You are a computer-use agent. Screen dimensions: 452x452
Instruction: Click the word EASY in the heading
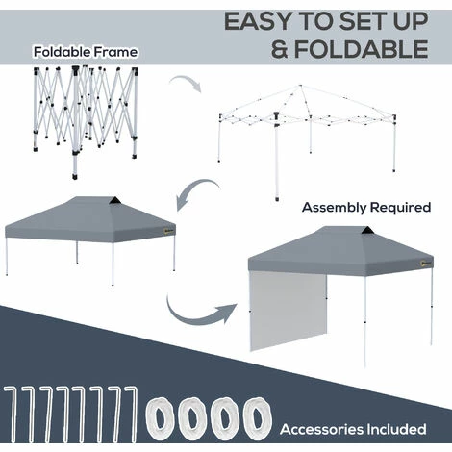coord(259,21)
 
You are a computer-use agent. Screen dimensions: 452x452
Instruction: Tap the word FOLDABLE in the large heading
coord(362,49)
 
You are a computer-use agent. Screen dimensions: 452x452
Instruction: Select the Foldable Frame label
coord(86,52)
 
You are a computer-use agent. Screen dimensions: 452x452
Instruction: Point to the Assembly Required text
coord(366,208)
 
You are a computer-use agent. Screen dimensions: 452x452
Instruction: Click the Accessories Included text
coord(353,429)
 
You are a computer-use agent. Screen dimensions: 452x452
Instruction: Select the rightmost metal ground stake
coord(133,414)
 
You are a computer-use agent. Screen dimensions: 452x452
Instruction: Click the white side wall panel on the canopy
coord(289,311)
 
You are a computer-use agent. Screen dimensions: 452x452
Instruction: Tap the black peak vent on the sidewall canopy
coord(366,231)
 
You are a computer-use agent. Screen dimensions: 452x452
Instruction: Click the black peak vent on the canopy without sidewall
coord(114,201)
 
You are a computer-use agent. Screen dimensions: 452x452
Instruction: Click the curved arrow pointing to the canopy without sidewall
coord(196,191)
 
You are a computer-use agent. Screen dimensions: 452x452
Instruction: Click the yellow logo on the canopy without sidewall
coord(167,230)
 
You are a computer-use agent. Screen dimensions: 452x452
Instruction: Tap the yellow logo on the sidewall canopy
coord(425,264)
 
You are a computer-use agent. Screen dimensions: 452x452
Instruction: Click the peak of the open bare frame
coord(300,86)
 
